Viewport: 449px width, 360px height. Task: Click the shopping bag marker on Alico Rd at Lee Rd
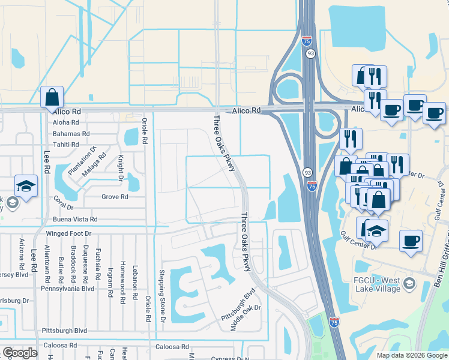pyautogui.click(x=52, y=97)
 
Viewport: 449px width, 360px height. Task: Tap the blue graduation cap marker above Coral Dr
pyautogui.click(x=26, y=187)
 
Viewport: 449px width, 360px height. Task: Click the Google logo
pyautogui.click(x=20, y=353)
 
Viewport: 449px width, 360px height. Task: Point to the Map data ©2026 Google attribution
pyautogui.click(x=412, y=355)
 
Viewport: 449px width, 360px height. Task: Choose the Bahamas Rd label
pyautogui.click(x=71, y=134)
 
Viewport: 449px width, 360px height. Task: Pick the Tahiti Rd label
pyautogui.click(x=66, y=145)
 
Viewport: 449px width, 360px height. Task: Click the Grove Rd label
pyautogui.click(x=115, y=196)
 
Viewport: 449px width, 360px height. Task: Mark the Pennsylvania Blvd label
pyautogui.click(x=67, y=289)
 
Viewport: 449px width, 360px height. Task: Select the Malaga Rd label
pyautogui.click(x=94, y=163)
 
